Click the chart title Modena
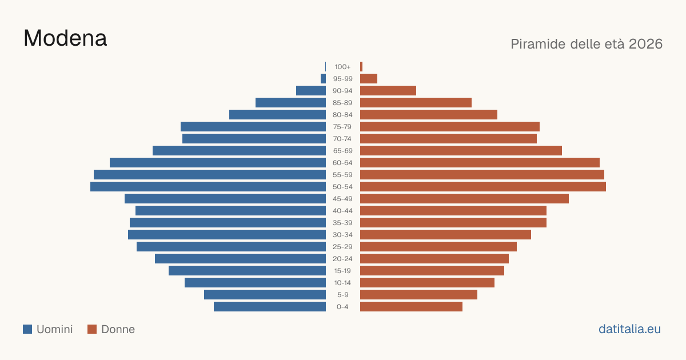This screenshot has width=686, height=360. pyautogui.click(x=65, y=38)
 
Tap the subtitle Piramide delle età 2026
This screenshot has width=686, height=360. pyautogui.click(x=587, y=44)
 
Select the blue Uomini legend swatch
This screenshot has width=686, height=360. pyautogui.click(x=27, y=329)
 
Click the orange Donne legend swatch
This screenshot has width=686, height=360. pyautogui.click(x=92, y=329)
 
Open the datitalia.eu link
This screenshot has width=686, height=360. pyautogui.click(x=629, y=329)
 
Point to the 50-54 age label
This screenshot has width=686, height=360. pyautogui.click(x=342, y=187)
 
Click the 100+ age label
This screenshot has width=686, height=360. pyautogui.click(x=342, y=67)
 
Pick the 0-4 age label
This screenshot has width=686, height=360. pyautogui.click(x=342, y=307)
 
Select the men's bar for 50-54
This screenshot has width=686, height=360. pyautogui.click(x=208, y=187)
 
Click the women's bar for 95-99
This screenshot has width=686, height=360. pyautogui.click(x=369, y=79)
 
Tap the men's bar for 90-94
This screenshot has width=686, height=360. pyautogui.click(x=311, y=91)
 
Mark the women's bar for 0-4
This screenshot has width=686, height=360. pyautogui.click(x=411, y=307)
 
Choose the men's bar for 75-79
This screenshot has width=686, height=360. pyautogui.click(x=253, y=127)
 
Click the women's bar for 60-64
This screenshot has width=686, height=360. pyautogui.click(x=480, y=162)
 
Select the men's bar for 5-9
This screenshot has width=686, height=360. pyautogui.click(x=265, y=295)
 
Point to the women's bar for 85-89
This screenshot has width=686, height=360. pyautogui.click(x=416, y=102)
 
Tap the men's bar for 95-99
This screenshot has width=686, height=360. pyautogui.click(x=323, y=79)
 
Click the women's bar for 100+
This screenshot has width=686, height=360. pyautogui.click(x=361, y=67)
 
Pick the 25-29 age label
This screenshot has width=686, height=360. pyautogui.click(x=342, y=247)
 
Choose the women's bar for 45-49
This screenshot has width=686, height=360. pyautogui.click(x=464, y=199)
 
